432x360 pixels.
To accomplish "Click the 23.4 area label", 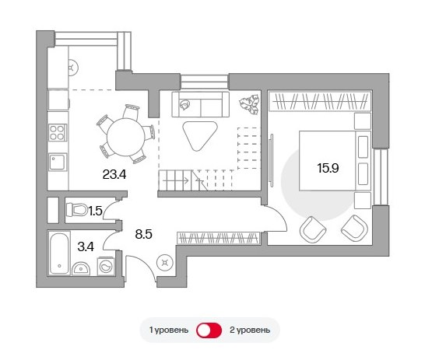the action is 114,174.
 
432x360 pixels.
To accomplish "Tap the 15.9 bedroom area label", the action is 328,168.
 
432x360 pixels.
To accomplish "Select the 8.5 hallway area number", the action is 143,235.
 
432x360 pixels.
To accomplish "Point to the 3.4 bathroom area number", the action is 86,246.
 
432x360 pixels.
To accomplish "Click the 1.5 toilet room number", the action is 95,211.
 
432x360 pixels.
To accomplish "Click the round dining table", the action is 126,138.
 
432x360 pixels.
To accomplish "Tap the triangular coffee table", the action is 200,135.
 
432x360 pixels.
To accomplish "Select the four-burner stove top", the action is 58,132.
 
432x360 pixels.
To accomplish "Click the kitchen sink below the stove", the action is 58,162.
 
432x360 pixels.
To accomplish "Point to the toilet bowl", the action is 76,209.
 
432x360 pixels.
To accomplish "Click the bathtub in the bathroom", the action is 59,253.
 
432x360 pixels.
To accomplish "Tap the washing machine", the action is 106,266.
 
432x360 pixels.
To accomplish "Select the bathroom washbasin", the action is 81,268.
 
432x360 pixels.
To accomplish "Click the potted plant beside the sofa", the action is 250,104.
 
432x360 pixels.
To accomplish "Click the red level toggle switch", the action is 209,330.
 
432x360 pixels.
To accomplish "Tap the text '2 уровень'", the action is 250,330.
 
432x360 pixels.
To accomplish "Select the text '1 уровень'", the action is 169,330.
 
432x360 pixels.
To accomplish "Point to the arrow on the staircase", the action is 176,181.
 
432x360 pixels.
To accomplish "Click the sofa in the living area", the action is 201,104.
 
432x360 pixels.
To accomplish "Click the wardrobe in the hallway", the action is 219,238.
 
